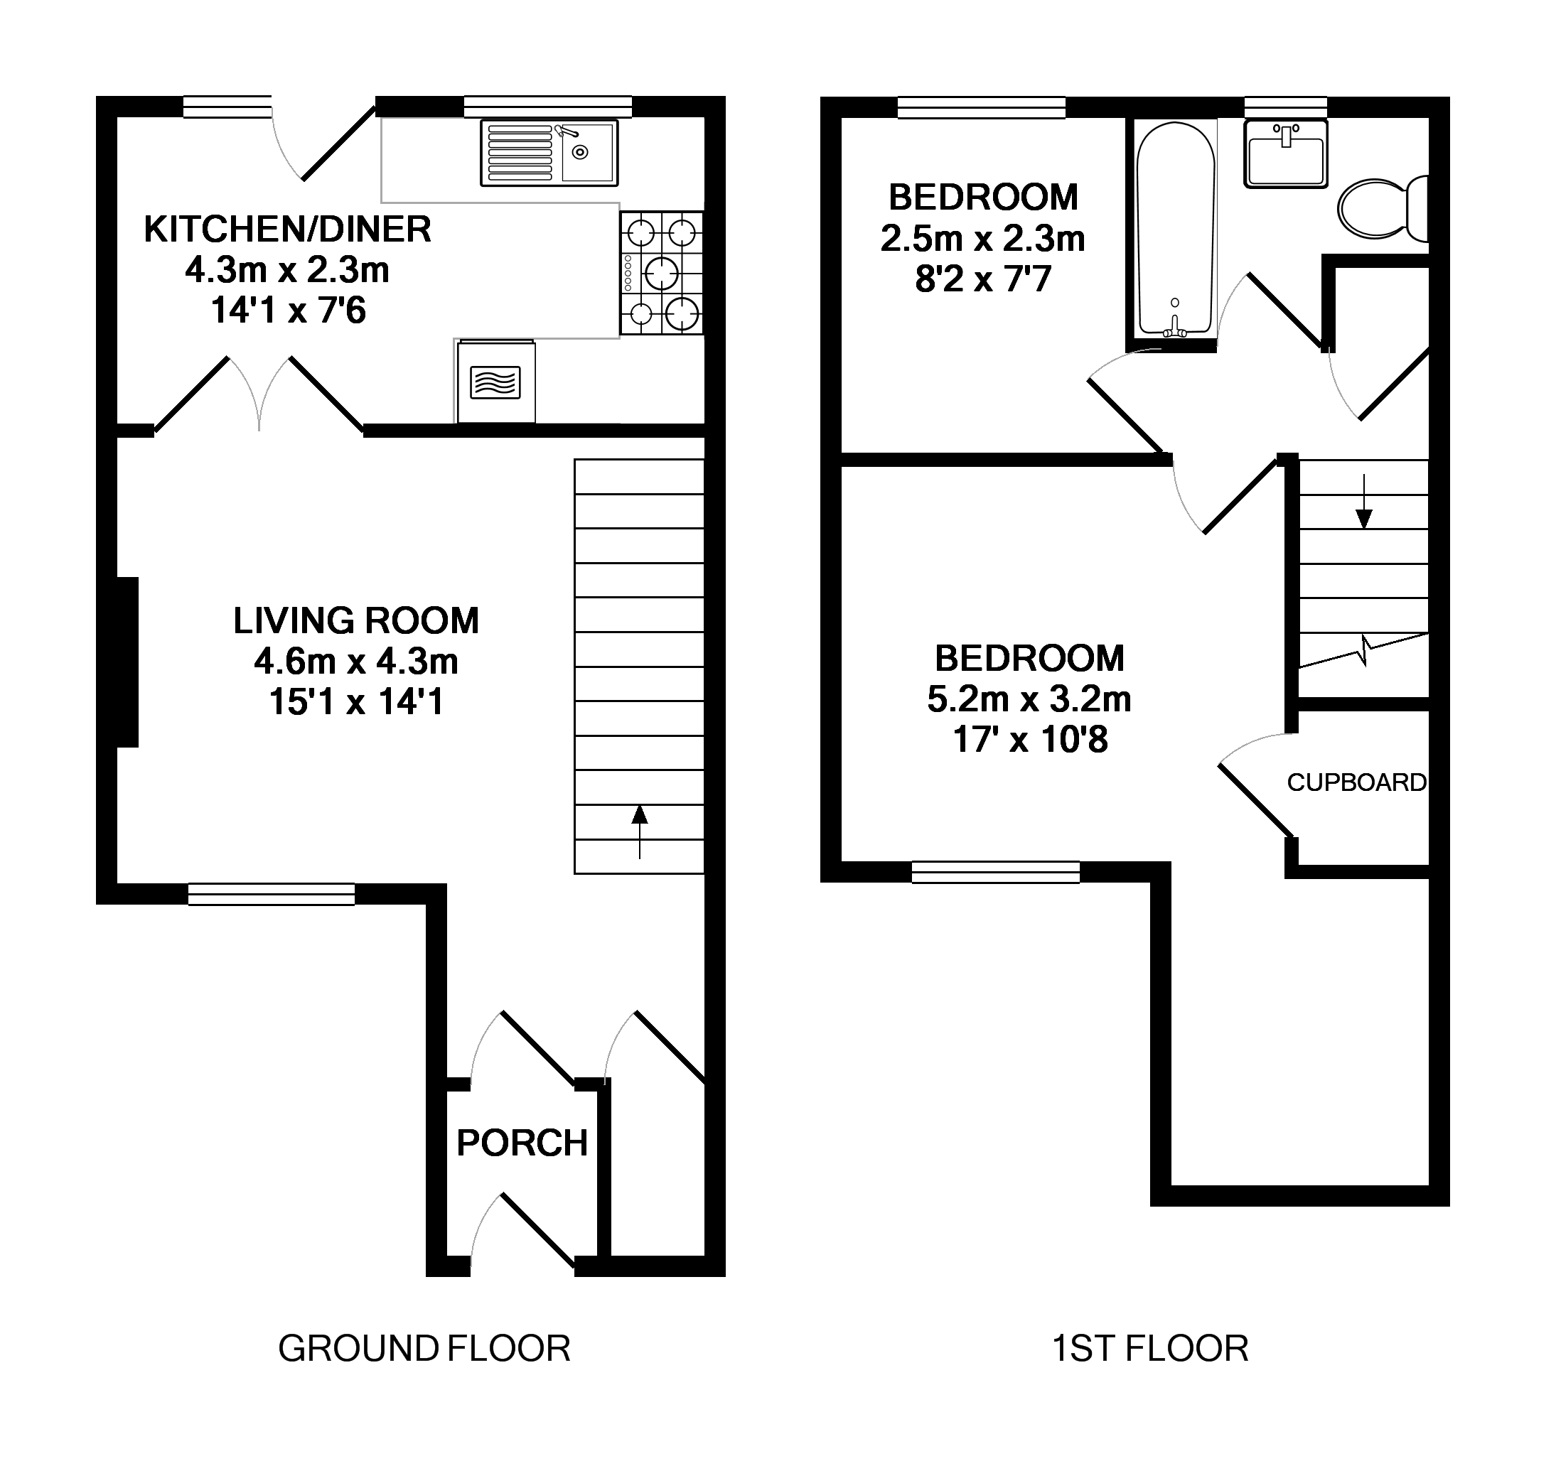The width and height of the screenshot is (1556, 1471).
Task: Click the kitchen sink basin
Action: click(x=587, y=152)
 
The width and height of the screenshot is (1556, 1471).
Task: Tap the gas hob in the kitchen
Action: click(x=661, y=273)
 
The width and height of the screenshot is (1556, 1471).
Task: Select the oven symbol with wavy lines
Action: click(x=495, y=382)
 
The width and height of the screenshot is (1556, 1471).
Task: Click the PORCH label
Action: click(x=522, y=1143)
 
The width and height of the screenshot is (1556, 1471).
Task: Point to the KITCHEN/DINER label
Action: click(x=287, y=229)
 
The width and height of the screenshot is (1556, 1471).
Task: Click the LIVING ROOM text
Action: click(x=355, y=621)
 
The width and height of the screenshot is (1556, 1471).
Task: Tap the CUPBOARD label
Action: click(x=1356, y=782)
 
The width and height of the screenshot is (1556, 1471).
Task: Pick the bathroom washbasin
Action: click(x=1285, y=154)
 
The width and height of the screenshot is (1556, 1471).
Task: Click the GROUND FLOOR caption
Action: click(x=424, y=1349)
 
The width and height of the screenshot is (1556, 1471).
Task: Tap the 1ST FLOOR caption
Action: click(x=1149, y=1349)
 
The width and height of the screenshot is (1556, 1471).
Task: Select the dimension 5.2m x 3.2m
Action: click(x=1029, y=699)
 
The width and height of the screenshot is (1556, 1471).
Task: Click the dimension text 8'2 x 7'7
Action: click(x=982, y=279)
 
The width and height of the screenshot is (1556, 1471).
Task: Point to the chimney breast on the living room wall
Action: click(x=127, y=662)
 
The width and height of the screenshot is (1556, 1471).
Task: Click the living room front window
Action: click(x=272, y=894)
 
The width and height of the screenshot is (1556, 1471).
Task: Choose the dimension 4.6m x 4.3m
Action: click(x=355, y=662)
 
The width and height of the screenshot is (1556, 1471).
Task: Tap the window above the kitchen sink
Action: click(x=547, y=107)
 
